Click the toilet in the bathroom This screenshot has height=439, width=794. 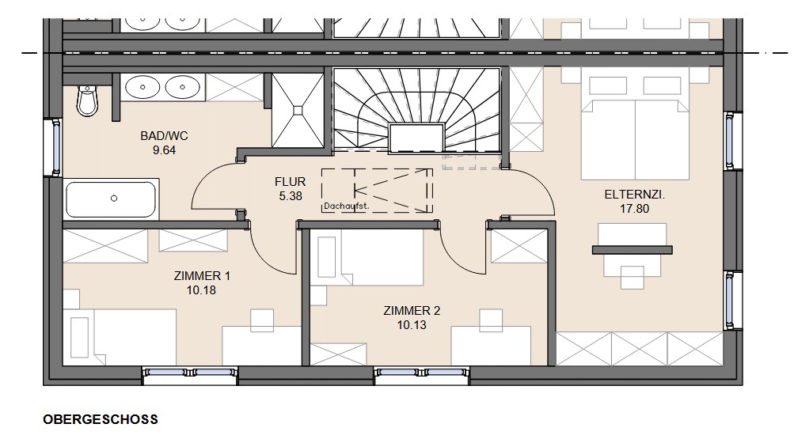coord(87,100)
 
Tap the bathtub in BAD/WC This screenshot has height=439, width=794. coord(111,199)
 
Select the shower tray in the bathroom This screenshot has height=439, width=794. coord(298,110)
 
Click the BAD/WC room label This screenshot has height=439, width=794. coord(164,136)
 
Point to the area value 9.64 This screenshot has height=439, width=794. coord(164,150)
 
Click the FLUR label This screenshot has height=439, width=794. coord(291,182)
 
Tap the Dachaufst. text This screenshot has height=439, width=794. coord(347,206)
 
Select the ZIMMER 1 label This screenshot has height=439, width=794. coord(202,276)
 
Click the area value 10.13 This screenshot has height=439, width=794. coord(412,325)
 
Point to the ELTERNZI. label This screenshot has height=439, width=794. coord(635,195)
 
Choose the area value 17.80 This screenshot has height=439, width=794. coord(635,209)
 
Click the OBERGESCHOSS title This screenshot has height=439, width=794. coord(101,420)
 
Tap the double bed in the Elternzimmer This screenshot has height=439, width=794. coord(635,139)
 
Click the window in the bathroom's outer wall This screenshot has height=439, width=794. coord(55,147)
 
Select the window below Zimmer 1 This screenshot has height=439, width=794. coord(190,373)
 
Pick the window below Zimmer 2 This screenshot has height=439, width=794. coord(422,373)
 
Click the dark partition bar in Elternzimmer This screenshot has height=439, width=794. coord(632,250)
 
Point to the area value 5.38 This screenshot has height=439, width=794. coord(291,196)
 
